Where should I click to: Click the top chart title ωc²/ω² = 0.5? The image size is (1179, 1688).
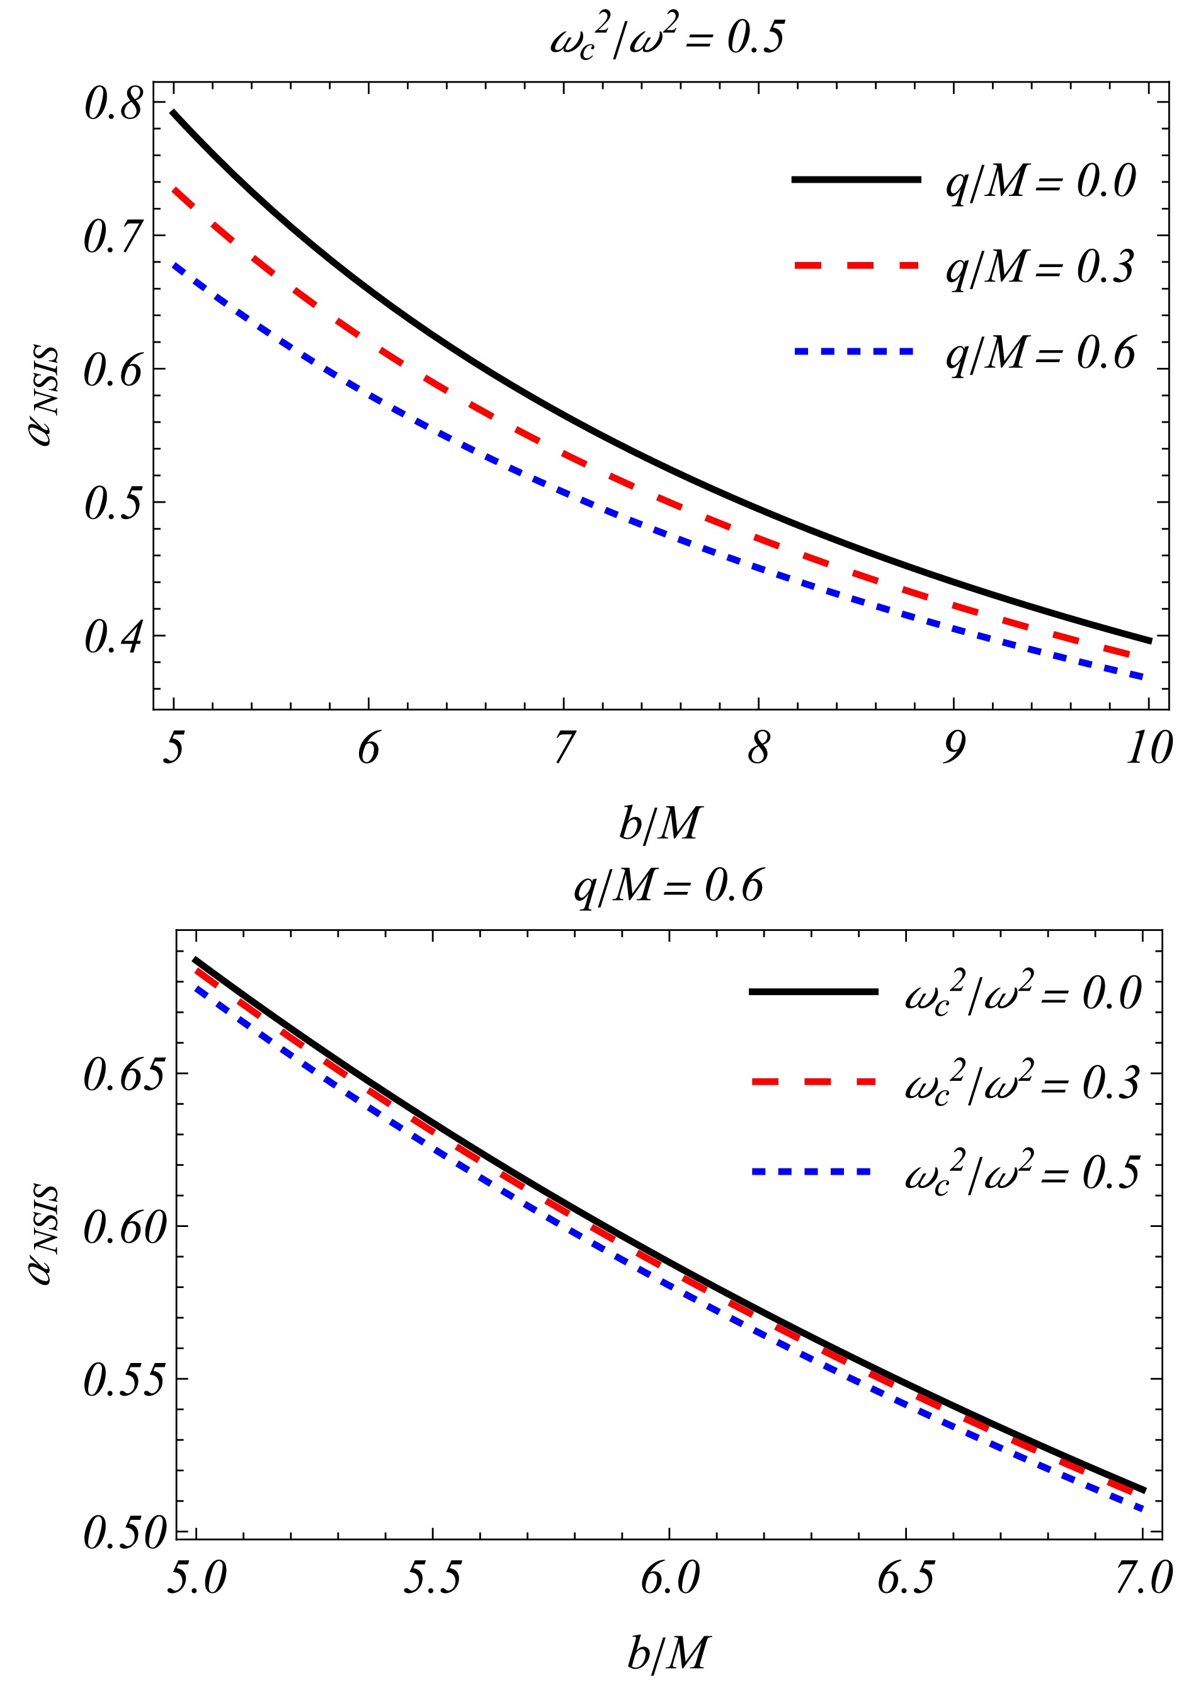pyautogui.click(x=667, y=38)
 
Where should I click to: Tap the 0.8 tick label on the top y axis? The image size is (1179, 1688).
pyautogui.click(x=113, y=104)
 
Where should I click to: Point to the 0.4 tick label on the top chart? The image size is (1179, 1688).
pyautogui.click(x=113, y=636)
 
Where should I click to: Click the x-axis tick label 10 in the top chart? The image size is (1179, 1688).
pyautogui.click(x=1148, y=748)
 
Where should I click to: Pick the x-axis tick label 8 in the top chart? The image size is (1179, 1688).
pyautogui.click(x=758, y=748)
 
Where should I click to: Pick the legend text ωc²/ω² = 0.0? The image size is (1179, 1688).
pyautogui.click(x=1022, y=993)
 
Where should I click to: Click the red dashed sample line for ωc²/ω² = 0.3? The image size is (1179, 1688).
pyautogui.click(x=814, y=1081)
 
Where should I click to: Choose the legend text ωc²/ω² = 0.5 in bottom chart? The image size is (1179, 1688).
pyautogui.click(x=1022, y=1171)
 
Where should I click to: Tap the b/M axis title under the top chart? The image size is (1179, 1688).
pyautogui.click(x=659, y=823)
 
